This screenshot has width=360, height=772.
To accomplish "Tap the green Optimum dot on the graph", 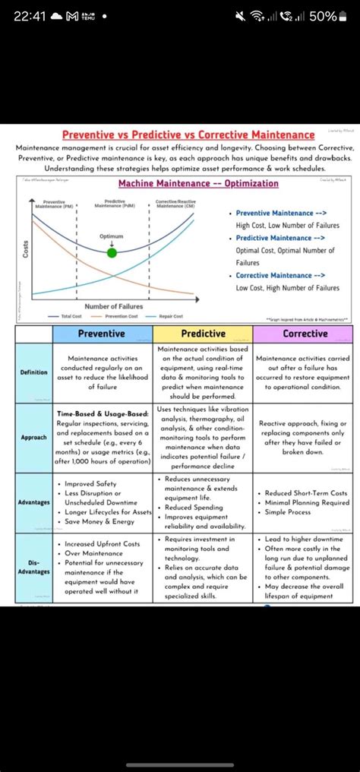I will tap(112, 252).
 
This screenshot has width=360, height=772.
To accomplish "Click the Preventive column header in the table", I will tap(103, 334).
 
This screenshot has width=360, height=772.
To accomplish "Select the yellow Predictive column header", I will tap(203, 334).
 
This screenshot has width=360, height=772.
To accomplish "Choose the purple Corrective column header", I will tap(304, 334).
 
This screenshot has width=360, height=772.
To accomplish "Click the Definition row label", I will tap(34, 372).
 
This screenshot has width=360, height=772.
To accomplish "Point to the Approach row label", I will tap(34, 438).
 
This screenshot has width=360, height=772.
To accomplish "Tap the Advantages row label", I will tap(34, 502).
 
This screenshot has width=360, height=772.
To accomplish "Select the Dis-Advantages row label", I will tap(34, 566).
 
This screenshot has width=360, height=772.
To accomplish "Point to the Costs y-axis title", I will tap(25, 248).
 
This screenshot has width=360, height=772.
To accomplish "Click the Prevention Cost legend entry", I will tap(115, 316).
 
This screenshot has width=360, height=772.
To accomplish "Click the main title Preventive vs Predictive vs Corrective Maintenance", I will tap(188, 134).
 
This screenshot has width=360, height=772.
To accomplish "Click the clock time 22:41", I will tap(29, 16).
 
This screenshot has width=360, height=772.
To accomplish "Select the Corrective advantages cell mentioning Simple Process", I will tap(304, 502).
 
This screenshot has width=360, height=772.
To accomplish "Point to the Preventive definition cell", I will tap(103, 372).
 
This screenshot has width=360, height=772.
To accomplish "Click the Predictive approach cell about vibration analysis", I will tap(203, 438).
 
